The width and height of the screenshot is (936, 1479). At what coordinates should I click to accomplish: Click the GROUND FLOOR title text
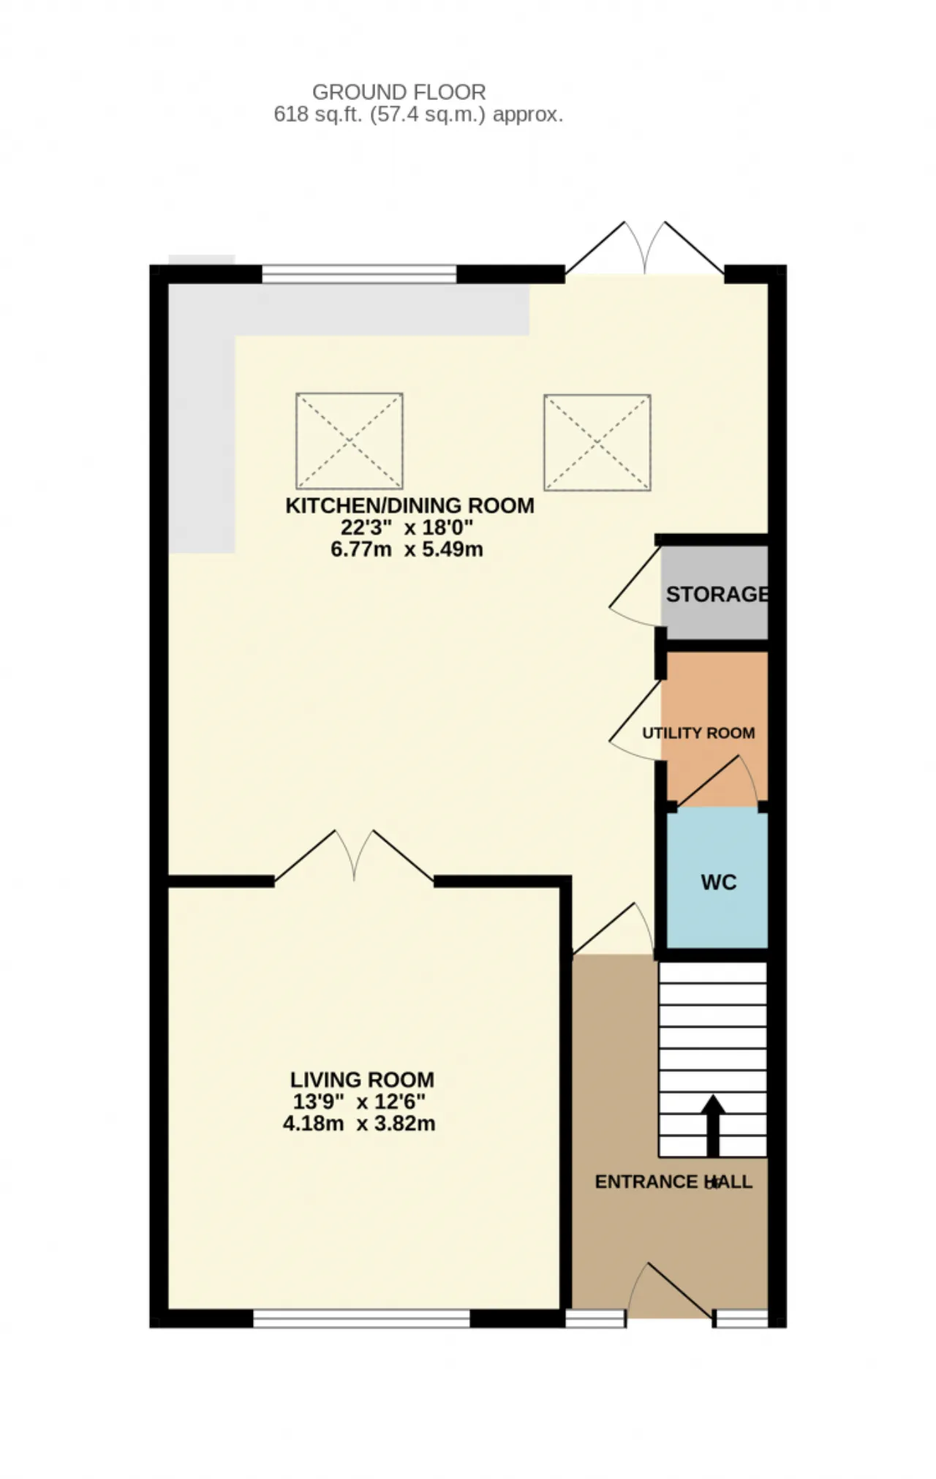coord(399,92)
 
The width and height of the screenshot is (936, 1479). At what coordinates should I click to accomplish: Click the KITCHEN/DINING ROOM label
coord(409,505)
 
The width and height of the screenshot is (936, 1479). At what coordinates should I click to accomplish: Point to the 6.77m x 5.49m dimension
coord(407,549)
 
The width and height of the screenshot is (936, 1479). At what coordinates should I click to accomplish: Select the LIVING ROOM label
coord(362,1080)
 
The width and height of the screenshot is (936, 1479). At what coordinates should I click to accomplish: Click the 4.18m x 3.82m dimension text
coord(359,1124)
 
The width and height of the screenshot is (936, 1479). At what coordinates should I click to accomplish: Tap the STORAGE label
coord(717,594)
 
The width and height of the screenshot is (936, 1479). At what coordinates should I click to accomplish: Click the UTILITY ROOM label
coord(698,733)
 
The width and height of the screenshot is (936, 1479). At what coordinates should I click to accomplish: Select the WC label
coord(719,882)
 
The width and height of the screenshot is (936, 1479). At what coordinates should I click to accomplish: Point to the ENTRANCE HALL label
coord(673,1182)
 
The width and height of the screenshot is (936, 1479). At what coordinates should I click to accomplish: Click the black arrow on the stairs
coord(713,1126)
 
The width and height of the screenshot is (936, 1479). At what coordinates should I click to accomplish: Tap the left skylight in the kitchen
coord(350,441)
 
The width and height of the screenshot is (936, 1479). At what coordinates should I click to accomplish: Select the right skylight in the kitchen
coord(597,443)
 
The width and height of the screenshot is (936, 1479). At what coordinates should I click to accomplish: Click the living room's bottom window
coord(361,1318)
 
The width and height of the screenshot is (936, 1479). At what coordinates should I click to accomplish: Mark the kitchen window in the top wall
coord(359,274)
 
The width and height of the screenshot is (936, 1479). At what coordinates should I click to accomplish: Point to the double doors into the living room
coord(354,856)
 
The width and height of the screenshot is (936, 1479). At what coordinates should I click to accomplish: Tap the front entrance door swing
coord(670,1290)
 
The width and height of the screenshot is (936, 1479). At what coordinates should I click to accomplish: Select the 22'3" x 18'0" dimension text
coord(407,527)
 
